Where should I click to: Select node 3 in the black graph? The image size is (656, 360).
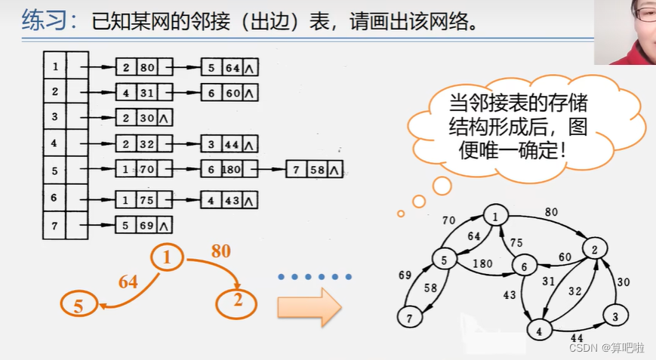(615, 317)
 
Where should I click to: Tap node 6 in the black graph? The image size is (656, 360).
(522, 266)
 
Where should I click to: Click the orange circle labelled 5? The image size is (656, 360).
(80, 305)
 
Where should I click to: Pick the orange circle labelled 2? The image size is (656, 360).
(236, 303)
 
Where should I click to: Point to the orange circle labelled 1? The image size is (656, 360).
(168, 258)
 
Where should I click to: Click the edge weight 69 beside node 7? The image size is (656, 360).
(405, 275)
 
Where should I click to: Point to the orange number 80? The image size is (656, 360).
(220, 251)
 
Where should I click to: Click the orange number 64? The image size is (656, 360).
(128, 282)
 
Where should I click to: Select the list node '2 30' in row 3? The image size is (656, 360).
(143, 117)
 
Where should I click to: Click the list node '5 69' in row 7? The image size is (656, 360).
(143, 224)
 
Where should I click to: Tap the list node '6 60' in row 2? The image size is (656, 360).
(229, 92)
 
